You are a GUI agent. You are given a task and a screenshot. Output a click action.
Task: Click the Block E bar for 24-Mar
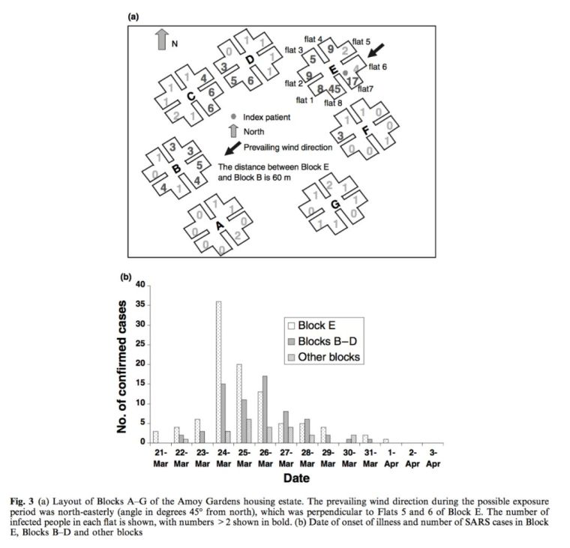click(x=218, y=372)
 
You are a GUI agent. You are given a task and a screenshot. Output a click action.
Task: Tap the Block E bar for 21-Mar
click(x=155, y=436)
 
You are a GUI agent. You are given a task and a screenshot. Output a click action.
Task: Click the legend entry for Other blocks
click(x=328, y=358)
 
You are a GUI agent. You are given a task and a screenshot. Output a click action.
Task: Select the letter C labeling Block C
click(x=190, y=95)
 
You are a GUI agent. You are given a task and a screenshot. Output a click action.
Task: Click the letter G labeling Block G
click(x=334, y=204)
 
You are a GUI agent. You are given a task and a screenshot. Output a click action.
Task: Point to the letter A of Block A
click(x=219, y=225)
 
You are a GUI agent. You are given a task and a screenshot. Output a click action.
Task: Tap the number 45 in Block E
click(x=334, y=89)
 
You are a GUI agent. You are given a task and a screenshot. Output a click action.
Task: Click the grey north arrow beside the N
click(x=161, y=40)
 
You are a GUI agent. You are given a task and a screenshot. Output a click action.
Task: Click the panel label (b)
click(x=127, y=276)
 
